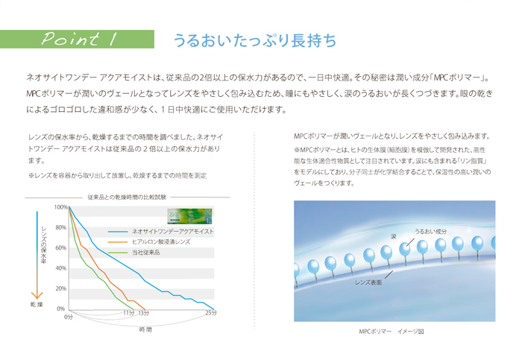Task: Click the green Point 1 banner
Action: tap(77, 40)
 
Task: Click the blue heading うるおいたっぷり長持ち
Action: tap(255, 40)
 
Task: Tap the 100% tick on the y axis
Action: tap(61, 207)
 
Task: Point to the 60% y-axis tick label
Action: tap(61, 248)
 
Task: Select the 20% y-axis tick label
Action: tap(61, 288)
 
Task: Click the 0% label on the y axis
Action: tap(60, 309)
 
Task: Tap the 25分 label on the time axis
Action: tap(211, 313)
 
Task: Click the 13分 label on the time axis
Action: tap(143, 313)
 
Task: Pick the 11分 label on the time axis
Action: tap(129, 313)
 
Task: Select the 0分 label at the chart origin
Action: tap(69, 317)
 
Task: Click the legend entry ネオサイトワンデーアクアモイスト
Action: tap(172, 232)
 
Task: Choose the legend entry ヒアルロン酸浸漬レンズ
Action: tap(161, 242)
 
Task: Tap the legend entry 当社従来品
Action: tap(146, 253)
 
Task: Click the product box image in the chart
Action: tap(189, 216)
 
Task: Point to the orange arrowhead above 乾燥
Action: tap(37, 295)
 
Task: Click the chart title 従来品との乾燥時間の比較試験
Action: tap(127, 198)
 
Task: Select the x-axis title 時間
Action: tap(145, 329)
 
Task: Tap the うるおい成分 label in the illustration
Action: tap(431, 232)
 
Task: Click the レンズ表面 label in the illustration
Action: tap(368, 282)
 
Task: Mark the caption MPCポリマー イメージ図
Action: tap(391, 332)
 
